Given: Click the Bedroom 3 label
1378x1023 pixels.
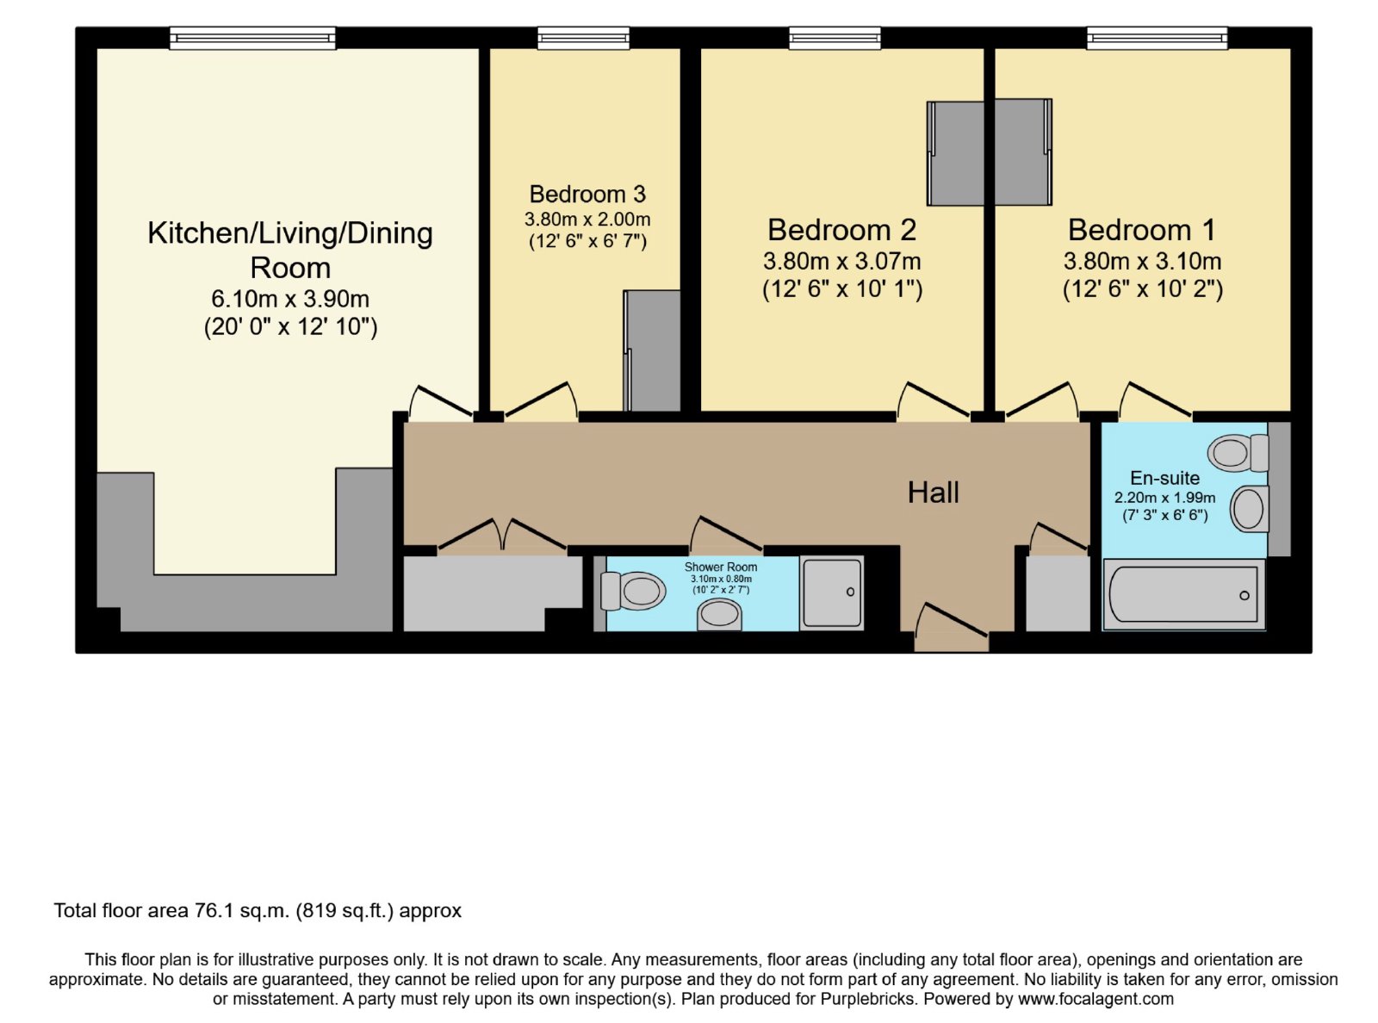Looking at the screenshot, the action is (587, 195).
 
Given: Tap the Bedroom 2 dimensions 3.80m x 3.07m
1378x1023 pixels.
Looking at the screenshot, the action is (841, 262).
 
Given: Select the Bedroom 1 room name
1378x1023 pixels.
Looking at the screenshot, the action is (1141, 231).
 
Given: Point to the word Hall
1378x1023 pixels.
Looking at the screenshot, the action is (933, 493).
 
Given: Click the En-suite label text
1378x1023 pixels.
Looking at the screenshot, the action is (1164, 478).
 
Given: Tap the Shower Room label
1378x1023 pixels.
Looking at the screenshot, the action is (721, 567).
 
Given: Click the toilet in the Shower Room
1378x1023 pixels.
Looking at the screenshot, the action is (633, 591).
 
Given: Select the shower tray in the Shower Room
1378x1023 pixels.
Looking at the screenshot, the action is (832, 592).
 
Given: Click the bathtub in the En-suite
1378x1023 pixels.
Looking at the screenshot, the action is (1183, 595).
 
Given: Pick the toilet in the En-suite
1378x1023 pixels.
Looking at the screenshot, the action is (1238, 453).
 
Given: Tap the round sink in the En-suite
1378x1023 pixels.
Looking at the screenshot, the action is (1250, 509).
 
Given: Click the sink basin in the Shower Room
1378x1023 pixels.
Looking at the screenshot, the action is (719, 616).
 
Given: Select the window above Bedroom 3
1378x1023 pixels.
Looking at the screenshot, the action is (583, 39).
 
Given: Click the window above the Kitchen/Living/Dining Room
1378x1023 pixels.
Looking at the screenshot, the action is (253, 39).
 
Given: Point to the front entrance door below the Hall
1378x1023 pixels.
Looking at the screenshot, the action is (951, 628).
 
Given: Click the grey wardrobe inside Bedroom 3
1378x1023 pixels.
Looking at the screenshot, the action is (652, 350).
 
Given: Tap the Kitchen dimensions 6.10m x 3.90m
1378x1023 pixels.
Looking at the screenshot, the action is (290, 300).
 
